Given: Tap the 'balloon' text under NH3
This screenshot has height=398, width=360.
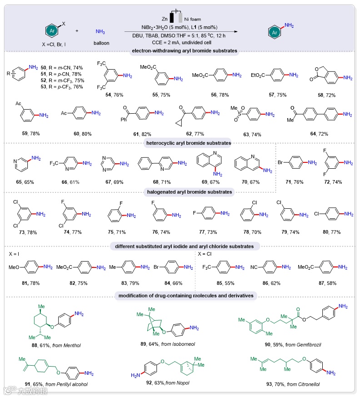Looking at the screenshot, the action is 102,43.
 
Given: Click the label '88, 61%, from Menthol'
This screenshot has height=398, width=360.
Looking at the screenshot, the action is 60,345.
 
